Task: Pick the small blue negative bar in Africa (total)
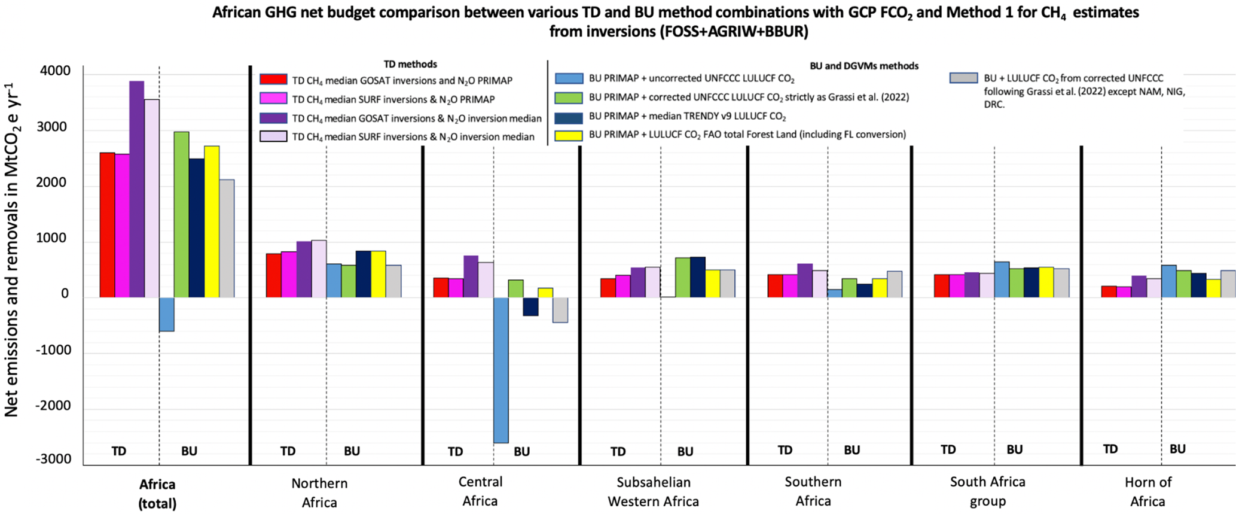pos(167,314)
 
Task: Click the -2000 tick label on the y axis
pos(53,406)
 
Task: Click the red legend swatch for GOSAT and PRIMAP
pos(273,80)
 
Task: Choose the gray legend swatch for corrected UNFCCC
pos(963,78)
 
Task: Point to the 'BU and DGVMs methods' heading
pos(864,66)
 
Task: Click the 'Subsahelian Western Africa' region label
pos(654,491)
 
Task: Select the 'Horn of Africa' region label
pos(1148,491)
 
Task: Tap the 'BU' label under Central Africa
pos(521,452)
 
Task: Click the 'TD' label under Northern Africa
pos(288,451)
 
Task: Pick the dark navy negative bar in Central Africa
pos(530,306)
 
